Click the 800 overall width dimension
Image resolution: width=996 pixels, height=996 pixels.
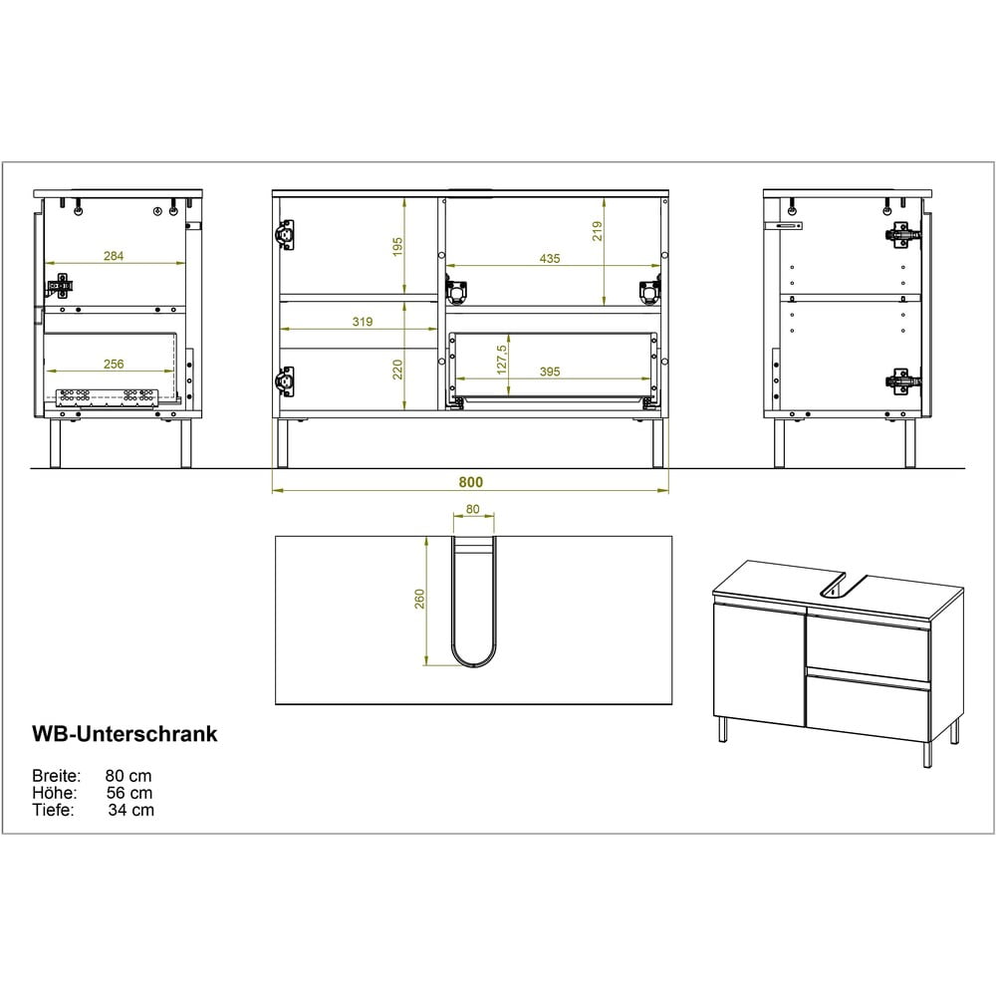471,482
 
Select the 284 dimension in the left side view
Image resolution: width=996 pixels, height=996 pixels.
114,256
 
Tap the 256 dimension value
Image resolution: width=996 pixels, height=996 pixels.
114,364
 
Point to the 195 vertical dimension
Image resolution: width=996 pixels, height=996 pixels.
397,246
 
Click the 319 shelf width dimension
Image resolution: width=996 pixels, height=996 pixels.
363,322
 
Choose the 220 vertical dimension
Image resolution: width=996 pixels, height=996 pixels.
397,370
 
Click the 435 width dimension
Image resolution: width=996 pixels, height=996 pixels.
550,259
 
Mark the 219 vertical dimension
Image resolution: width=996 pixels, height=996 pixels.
597,231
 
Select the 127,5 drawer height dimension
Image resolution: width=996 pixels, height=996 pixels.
502,360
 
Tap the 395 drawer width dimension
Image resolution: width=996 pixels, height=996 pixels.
550,372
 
